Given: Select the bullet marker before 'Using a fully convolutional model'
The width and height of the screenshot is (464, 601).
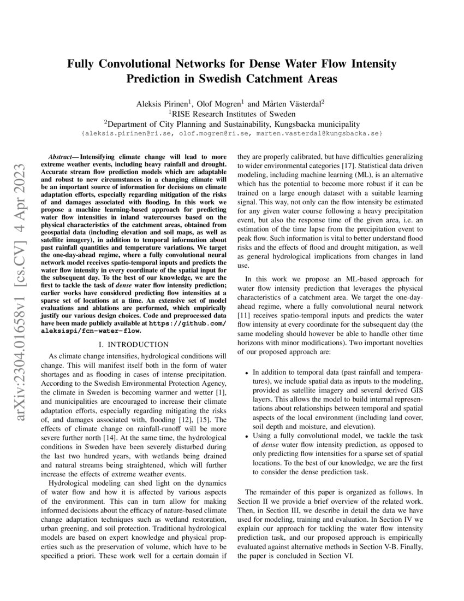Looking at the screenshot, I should point(248,436).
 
